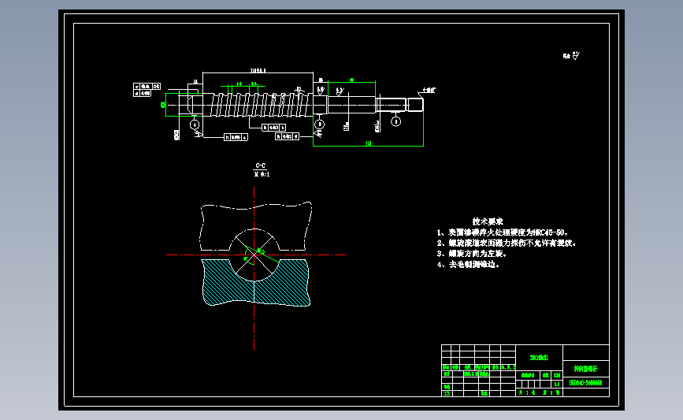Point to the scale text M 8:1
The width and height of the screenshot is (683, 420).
click(259, 174)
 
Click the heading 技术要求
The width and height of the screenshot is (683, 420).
click(488, 221)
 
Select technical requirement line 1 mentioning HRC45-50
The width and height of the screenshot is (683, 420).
click(502, 233)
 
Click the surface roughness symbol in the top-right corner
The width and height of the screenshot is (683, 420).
click(572, 56)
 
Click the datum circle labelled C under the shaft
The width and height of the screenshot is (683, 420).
click(195, 124)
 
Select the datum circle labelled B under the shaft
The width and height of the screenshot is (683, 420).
click(319, 125)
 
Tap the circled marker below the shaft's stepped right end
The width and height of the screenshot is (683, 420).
click(396, 121)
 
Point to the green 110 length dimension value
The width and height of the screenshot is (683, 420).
click(369, 143)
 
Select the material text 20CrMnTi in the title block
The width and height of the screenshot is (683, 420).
click(539, 356)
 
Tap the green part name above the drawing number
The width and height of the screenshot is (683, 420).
click(585, 368)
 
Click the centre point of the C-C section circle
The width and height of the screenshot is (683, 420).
click(254, 255)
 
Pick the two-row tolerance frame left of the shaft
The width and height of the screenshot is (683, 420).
click(148, 89)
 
